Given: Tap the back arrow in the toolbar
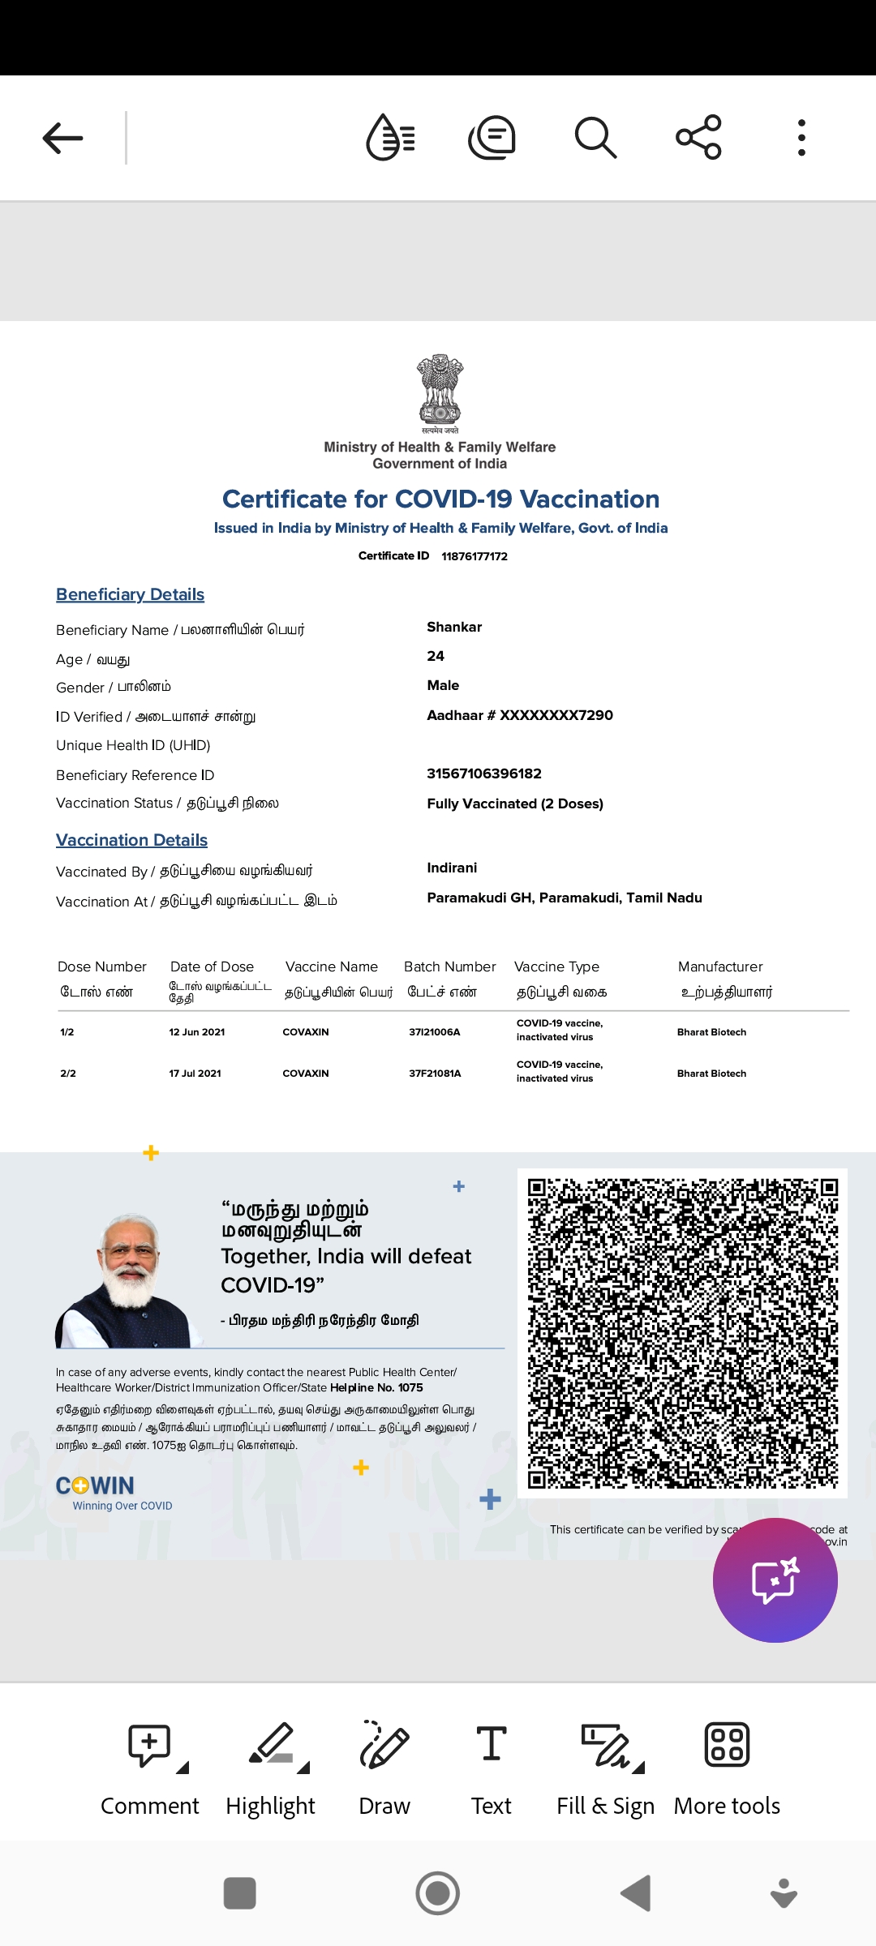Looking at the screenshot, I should (x=63, y=138).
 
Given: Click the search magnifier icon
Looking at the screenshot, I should (x=595, y=137).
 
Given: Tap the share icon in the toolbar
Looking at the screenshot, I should (x=698, y=137).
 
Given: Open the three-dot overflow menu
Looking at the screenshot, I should (x=801, y=138).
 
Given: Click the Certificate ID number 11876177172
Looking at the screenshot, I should (x=474, y=556).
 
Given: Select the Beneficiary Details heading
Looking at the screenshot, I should (x=130, y=594).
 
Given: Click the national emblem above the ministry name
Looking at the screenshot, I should (x=440, y=389).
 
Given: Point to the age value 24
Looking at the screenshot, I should (x=436, y=656).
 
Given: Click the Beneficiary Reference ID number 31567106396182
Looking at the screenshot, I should (x=484, y=774).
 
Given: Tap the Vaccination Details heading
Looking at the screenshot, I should (x=131, y=840).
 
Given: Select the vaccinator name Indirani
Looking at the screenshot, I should (x=452, y=868).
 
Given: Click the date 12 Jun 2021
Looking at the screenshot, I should (x=197, y=1032).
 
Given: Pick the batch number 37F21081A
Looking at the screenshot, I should (x=435, y=1074).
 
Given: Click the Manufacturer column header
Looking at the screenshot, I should (x=720, y=967).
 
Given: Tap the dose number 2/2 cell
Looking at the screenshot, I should (x=68, y=1074).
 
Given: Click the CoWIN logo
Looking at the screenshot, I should (x=96, y=1485).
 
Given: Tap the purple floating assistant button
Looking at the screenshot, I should (x=775, y=1580).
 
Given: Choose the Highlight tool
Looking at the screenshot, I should (x=271, y=1768).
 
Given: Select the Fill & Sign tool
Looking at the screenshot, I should (x=605, y=1768).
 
